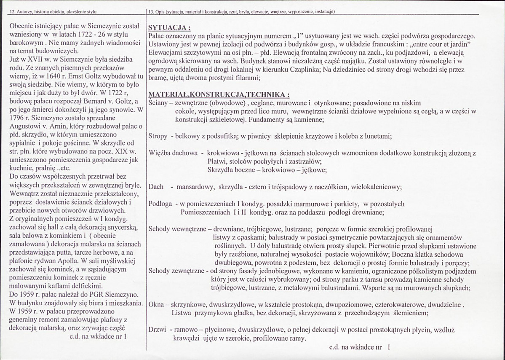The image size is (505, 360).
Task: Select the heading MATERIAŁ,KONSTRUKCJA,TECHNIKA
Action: (x=219, y=94)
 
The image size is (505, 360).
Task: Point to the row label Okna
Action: (x=157, y=304)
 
